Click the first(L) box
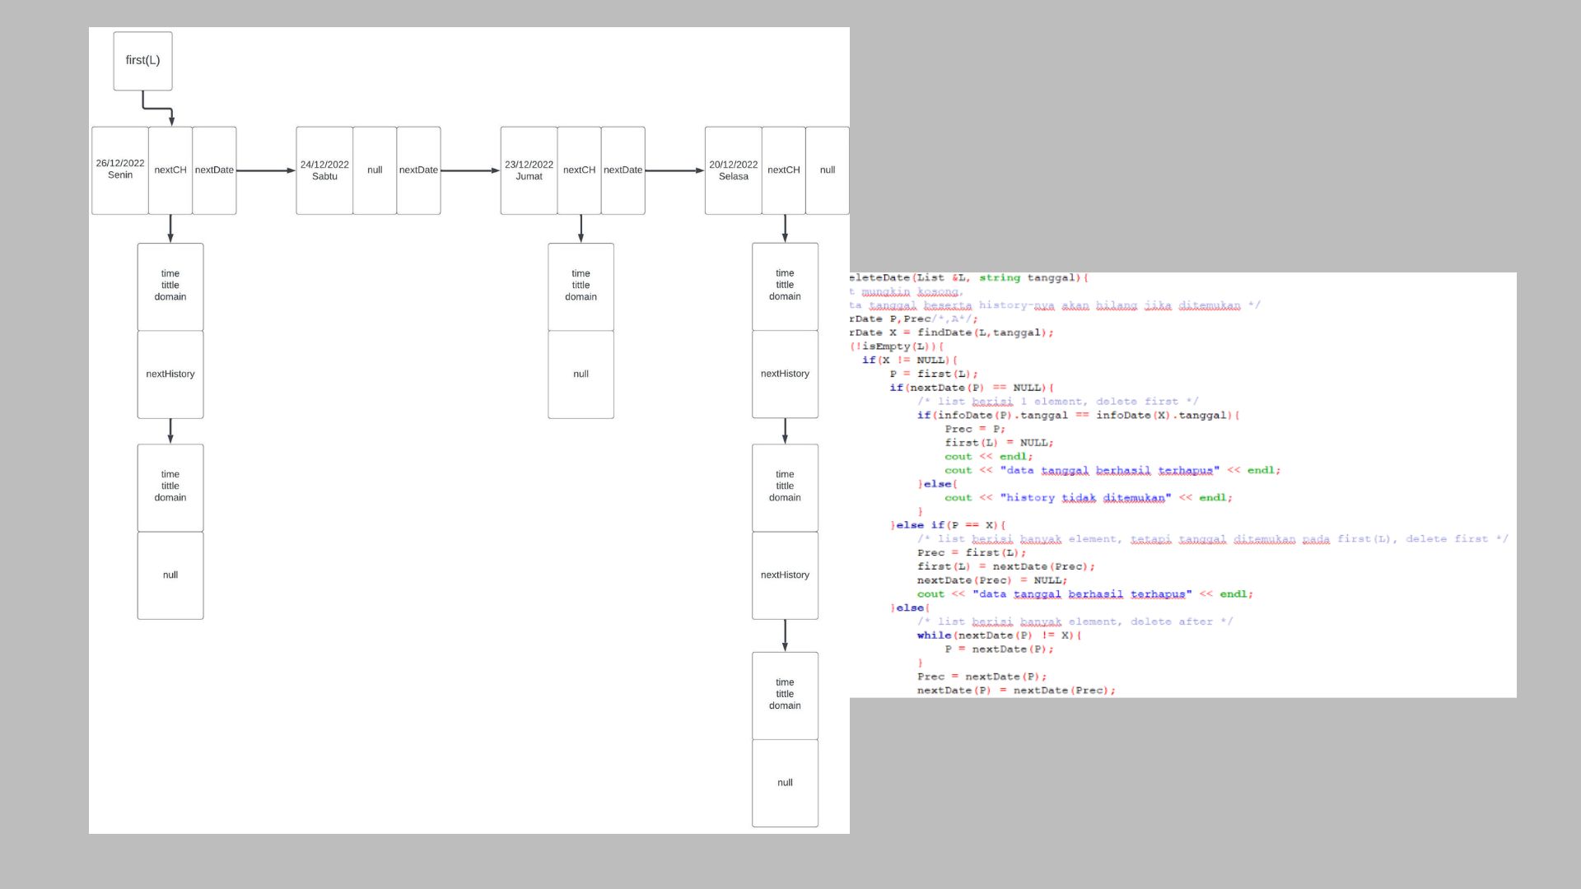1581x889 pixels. (x=142, y=61)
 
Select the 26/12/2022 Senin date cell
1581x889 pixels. (x=120, y=170)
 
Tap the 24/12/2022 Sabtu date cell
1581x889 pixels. (x=324, y=170)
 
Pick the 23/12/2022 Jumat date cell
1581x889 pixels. (x=529, y=170)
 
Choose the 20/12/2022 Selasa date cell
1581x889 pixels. (x=733, y=170)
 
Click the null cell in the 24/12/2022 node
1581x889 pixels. (x=375, y=170)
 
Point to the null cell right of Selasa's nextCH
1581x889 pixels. (x=827, y=170)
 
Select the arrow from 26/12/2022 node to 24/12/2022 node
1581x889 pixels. (x=265, y=170)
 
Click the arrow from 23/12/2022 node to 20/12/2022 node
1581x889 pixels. (x=674, y=170)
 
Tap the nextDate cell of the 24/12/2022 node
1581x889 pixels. (x=418, y=170)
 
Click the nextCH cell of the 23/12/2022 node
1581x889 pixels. (x=579, y=170)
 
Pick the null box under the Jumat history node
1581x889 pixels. (x=581, y=375)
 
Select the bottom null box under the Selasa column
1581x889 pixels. (x=785, y=783)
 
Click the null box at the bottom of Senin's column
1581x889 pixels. (x=170, y=575)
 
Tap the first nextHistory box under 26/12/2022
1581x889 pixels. (x=170, y=375)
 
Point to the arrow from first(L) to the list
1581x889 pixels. (x=156, y=107)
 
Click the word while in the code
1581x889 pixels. (x=934, y=635)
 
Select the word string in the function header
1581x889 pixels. (x=999, y=278)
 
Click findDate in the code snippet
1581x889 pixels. (x=944, y=333)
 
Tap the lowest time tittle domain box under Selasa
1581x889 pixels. (x=785, y=695)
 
